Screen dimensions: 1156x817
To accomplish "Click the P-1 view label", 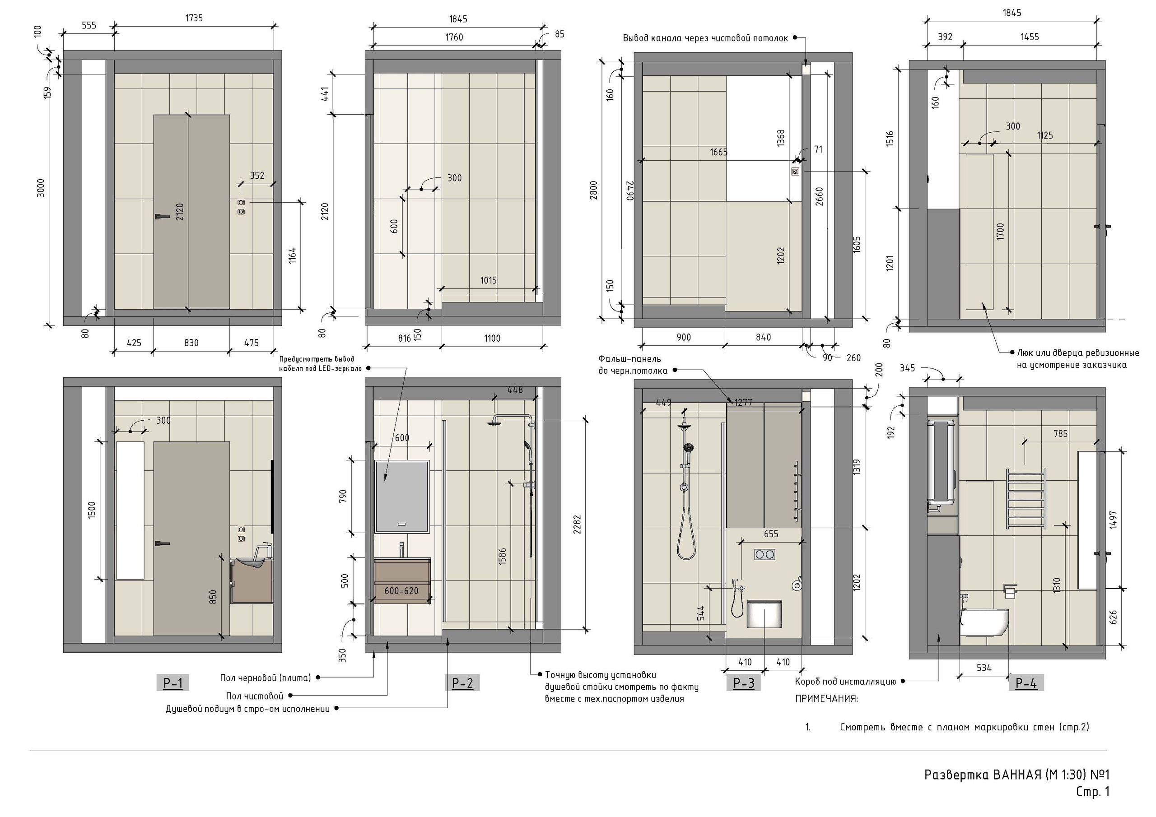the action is click(x=172, y=683).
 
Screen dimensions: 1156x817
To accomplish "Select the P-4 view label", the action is click(x=1026, y=682).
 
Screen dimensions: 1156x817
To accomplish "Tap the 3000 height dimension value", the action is click(x=41, y=188).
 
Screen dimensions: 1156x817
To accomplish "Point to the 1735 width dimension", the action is click(x=194, y=18).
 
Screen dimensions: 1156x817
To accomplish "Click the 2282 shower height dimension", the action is click(x=577, y=524).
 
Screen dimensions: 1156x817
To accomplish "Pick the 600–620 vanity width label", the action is click(x=401, y=590).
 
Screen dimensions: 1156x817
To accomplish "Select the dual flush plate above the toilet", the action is click(x=764, y=555).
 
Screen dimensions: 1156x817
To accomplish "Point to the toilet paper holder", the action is click(x=1010, y=590).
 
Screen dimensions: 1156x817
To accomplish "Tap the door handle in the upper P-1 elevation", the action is click(x=162, y=217).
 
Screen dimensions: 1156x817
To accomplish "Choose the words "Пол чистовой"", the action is click(x=255, y=696).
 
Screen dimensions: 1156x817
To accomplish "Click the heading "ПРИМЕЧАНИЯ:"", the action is click(x=826, y=699).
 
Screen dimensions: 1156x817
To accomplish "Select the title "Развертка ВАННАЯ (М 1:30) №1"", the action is click(x=1016, y=775).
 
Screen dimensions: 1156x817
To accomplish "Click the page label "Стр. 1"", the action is click(x=1093, y=792).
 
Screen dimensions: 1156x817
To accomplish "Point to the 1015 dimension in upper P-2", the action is click(x=488, y=280).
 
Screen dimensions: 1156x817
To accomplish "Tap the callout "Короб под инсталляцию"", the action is click(x=845, y=682).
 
